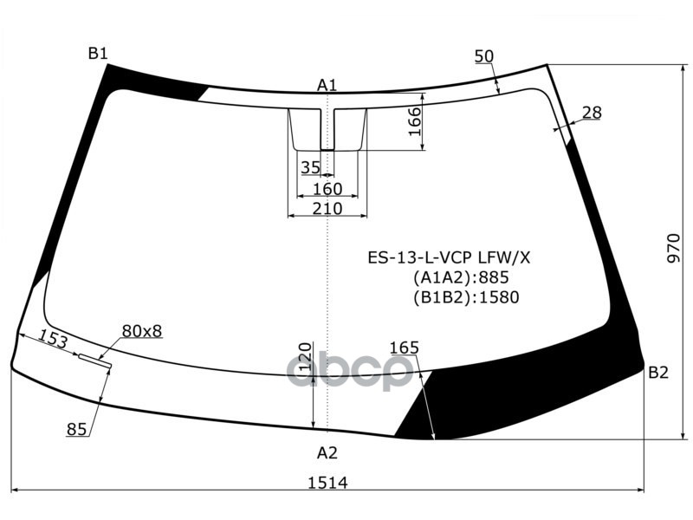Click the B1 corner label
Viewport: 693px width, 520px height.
click(98, 54)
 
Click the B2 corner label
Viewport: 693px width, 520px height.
click(658, 373)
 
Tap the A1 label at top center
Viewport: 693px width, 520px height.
click(327, 85)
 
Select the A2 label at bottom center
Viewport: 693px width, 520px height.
click(327, 452)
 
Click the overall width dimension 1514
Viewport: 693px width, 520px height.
click(327, 483)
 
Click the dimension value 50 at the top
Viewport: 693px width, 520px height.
click(484, 56)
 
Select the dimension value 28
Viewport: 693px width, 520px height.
click(592, 112)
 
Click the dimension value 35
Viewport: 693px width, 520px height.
click(310, 167)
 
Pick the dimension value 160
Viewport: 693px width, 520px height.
click(327, 189)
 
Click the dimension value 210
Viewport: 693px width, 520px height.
click(327, 209)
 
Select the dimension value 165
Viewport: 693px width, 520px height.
click(404, 348)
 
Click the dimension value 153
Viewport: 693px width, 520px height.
click(53, 340)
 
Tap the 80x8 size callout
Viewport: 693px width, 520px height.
click(142, 330)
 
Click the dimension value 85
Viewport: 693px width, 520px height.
click(76, 427)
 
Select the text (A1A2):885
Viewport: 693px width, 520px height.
click(460, 277)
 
